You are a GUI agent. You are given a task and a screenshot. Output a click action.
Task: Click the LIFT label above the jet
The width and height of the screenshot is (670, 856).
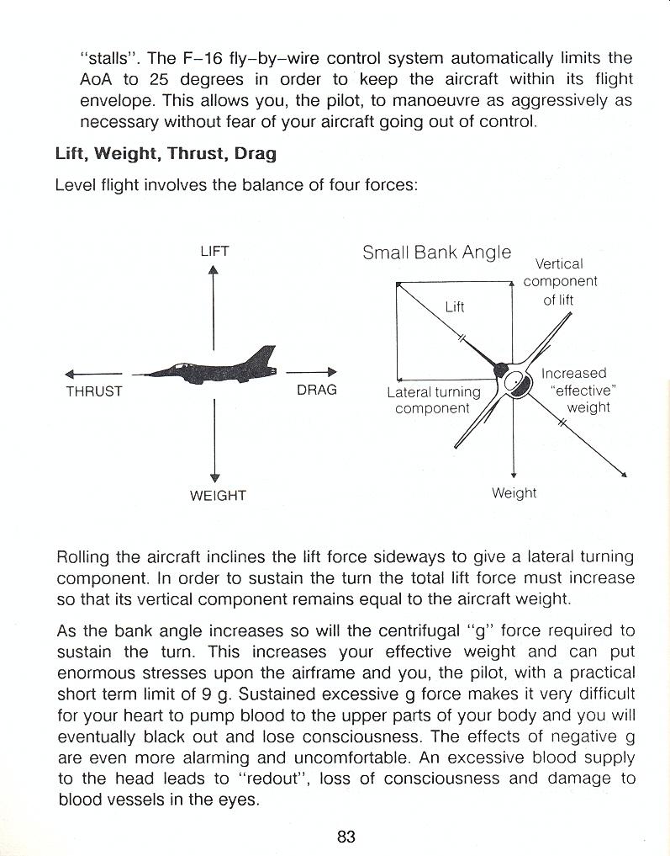pos(214,251)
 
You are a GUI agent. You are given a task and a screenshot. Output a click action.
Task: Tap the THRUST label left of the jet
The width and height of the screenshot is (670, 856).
pos(94,391)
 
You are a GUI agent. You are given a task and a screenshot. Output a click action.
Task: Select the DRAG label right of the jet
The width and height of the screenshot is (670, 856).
pos(316,390)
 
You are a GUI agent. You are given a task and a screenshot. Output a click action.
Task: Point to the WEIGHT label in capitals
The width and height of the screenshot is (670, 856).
pos(218,496)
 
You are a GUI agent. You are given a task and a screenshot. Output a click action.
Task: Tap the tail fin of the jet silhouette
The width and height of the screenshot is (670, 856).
pos(266,355)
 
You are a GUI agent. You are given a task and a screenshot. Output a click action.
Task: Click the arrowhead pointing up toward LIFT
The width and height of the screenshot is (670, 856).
pos(214,270)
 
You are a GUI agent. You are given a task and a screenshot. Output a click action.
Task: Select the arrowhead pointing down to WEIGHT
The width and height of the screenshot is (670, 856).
pos(215,477)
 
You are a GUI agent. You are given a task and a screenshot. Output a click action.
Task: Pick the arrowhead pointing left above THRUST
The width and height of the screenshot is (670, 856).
pos(70,374)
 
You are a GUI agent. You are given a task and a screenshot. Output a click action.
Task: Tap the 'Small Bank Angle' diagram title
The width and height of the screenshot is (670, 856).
pos(436,252)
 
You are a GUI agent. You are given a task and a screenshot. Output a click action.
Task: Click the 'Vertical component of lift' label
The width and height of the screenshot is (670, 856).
pos(560,282)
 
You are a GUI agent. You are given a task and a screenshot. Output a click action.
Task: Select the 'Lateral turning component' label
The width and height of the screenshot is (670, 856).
pos(433,400)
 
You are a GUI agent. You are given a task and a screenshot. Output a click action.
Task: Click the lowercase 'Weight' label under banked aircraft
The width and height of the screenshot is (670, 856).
pos(514,492)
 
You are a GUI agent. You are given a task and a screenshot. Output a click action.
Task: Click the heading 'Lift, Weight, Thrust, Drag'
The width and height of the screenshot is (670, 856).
pos(166,154)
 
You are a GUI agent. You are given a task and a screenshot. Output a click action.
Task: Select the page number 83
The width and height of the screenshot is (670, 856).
pos(346,837)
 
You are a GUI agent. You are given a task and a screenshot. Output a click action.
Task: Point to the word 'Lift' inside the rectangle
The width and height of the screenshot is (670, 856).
pos(455,306)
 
